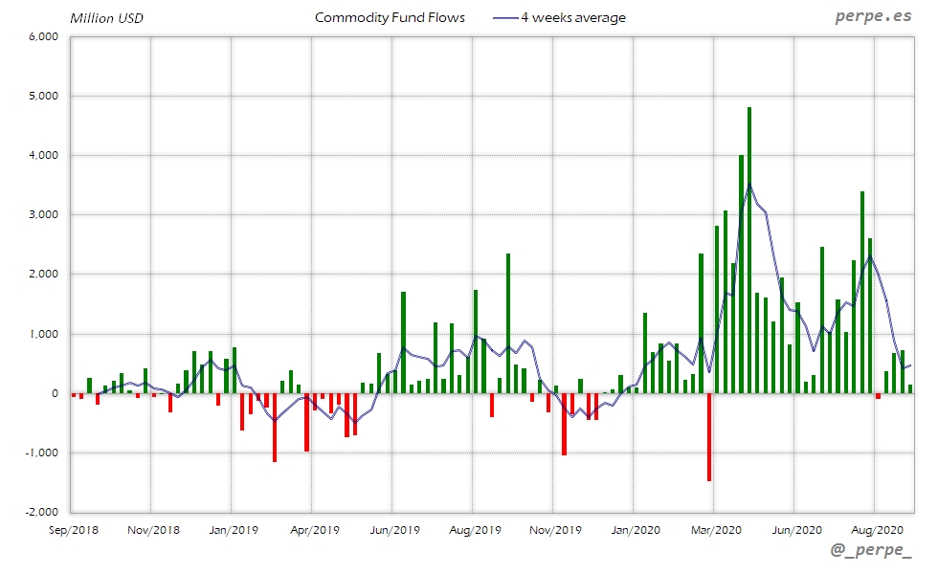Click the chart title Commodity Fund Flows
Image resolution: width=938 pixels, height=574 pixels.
[x=390, y=18]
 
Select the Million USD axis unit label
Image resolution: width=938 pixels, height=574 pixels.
[x=106, y=18]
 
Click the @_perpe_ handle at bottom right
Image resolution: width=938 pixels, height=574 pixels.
[x=872, y=552]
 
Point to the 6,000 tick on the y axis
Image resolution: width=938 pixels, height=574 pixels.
[x=45, y=36]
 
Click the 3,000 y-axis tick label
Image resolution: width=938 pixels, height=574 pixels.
[x=45, y=214]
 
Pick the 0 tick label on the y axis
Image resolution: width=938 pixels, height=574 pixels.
[x=56, y=393]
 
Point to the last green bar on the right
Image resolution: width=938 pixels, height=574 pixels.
[x=909, y=388]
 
